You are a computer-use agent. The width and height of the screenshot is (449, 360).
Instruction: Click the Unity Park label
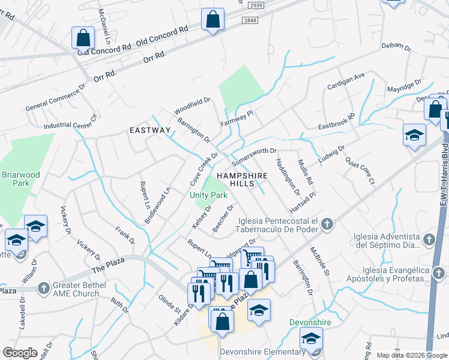point(208,196)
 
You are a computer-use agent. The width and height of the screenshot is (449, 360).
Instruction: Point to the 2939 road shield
point(256,5)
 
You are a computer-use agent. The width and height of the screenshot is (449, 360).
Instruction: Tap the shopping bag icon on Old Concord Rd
point(83,38)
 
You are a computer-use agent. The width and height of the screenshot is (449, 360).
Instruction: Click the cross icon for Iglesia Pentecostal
point(327,225)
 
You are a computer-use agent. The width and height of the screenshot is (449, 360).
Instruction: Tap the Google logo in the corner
point(20,353)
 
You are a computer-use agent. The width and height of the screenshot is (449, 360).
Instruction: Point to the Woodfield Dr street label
point(192,107)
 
